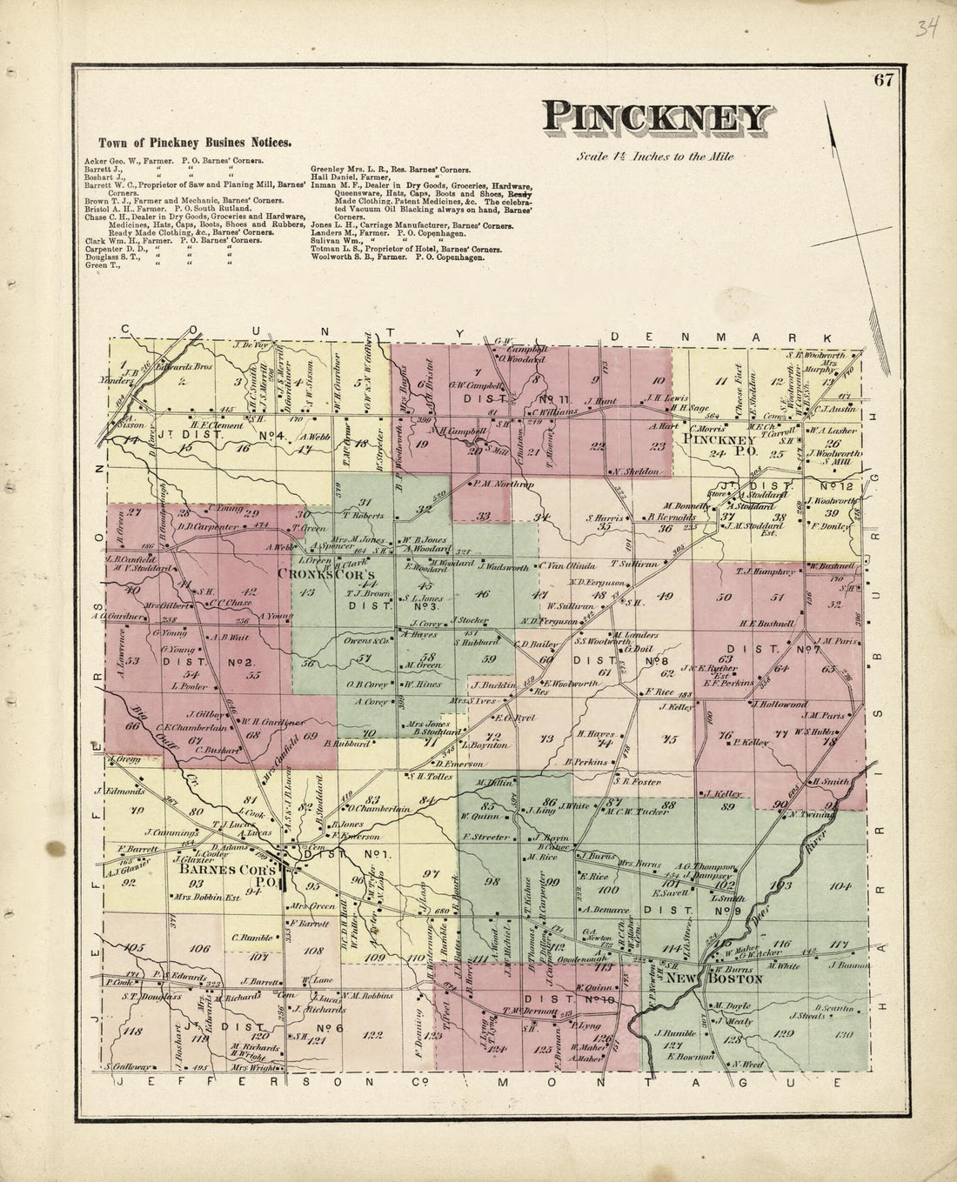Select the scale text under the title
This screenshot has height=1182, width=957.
[x=655, y=157]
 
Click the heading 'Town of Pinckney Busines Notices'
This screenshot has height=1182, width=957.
[x=194, y=142]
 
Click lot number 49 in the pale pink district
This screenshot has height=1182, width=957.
[x=666, y=596]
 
